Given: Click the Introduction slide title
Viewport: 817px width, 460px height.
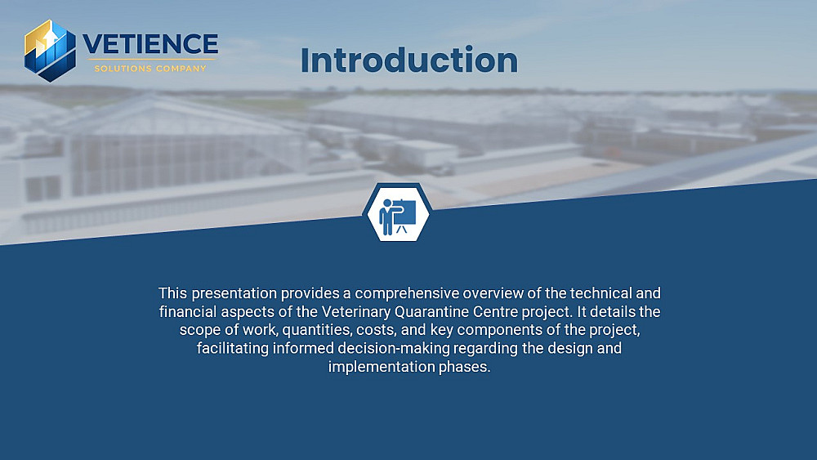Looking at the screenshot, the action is point(409,60).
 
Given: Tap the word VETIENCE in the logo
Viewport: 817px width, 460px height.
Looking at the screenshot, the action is point(150,44).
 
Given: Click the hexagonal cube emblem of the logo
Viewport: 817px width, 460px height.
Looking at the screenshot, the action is point(50,51).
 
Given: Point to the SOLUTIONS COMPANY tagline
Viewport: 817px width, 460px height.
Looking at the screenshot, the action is point(150,69).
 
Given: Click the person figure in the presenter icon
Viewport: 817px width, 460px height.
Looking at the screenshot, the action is point(389,217).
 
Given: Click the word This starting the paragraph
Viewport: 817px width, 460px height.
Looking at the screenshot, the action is point(173,293).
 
